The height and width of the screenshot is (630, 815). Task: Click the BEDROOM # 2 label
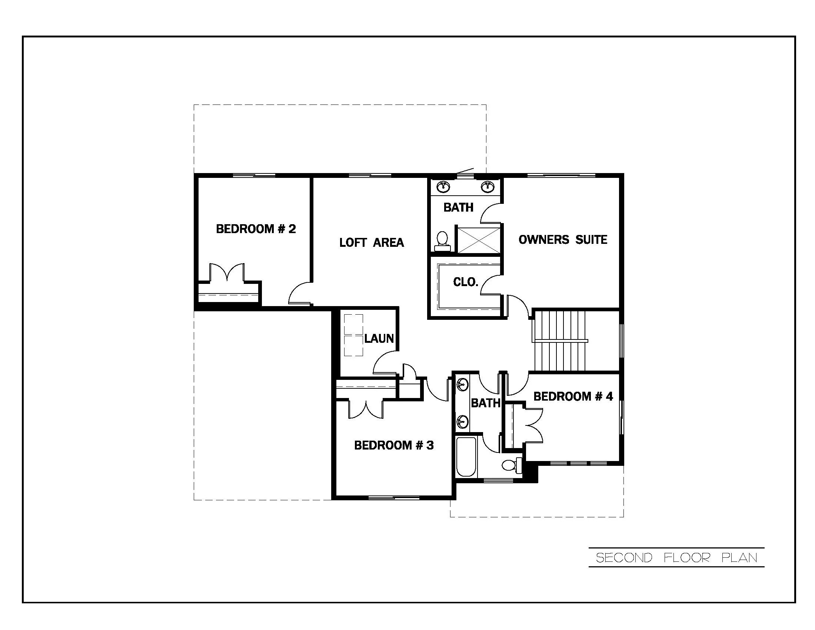coord(256,229)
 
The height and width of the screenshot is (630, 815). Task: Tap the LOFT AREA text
coord(371,243)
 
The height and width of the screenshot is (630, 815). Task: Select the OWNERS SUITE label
coord(563,239)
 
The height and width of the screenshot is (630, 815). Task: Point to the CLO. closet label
coord(465,282)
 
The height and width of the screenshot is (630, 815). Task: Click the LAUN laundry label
coord(379,338)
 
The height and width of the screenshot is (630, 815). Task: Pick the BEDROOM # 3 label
coord(394,445)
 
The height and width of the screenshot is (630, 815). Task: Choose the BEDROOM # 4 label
coord(573,396)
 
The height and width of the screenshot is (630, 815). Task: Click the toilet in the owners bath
coord(442,241)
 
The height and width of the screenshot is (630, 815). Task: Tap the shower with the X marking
coord(479,241)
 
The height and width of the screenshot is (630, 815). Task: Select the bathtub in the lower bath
coord(466,457)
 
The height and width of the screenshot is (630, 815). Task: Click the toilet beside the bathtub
coord(512,465)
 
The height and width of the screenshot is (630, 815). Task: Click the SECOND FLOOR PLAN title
coord(676,558)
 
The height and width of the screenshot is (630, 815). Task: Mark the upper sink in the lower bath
coord(462,384)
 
